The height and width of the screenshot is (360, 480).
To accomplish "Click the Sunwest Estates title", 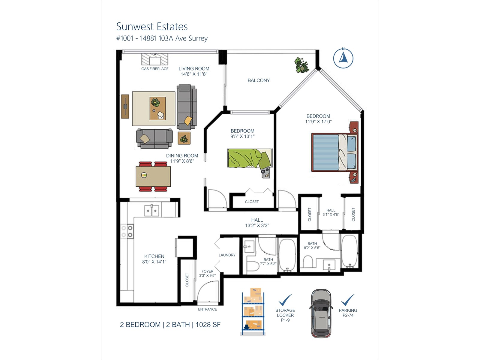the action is click(152, 27).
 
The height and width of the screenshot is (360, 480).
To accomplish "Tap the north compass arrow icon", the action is click(343, 58).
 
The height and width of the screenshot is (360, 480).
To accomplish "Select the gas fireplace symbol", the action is click(155, 59).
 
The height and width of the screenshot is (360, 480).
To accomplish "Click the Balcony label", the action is click(259, 80).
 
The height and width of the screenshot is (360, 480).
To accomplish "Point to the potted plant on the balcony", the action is click(301, 65).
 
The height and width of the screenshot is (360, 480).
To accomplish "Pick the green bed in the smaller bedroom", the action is click(250, 159).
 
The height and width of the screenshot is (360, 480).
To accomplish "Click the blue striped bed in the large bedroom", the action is click(334, 152).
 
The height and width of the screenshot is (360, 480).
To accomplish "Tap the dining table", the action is click(153, 176).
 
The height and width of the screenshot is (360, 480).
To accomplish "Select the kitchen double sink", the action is click(151, 211).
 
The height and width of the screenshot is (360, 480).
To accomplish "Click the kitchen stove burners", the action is click(127, 232).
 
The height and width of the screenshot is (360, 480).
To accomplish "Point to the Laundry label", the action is click(227, 255).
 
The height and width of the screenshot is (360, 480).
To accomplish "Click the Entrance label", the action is click(208, 309).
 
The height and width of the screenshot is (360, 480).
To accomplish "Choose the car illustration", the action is click(321, 314).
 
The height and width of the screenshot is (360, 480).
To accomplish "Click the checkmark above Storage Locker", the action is click(285, 300).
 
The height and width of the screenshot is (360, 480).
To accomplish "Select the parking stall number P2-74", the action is click(348, 315).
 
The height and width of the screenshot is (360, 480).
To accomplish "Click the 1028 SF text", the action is click(208, 325).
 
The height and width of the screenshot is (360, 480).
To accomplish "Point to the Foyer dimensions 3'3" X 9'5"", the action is click(207, 275).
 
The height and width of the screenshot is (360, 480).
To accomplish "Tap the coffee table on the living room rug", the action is click(157, 108).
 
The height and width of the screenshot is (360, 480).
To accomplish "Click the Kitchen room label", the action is click(154, 256).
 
